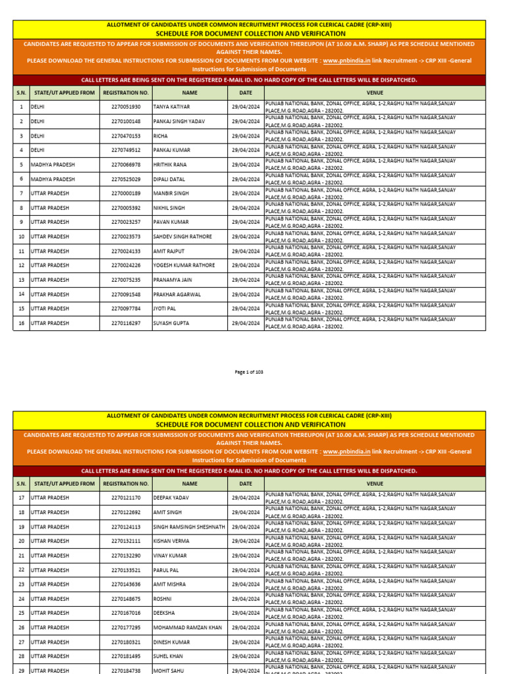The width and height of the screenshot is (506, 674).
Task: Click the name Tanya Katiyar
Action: tap(171, 107)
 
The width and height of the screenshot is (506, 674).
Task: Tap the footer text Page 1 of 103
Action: tap(249, 373)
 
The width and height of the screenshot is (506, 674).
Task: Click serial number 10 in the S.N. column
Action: tap(21, 236)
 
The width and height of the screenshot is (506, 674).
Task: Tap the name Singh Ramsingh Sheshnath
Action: tap(189, 527)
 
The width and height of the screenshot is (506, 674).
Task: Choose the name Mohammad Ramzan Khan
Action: tap(188, 628)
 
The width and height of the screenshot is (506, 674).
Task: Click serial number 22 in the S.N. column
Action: tap(21, 570)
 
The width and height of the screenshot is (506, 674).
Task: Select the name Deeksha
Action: tap(164, 613)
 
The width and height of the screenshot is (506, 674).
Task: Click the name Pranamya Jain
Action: tap(173, 280)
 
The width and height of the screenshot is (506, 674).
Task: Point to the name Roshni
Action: tap(163, 599)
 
